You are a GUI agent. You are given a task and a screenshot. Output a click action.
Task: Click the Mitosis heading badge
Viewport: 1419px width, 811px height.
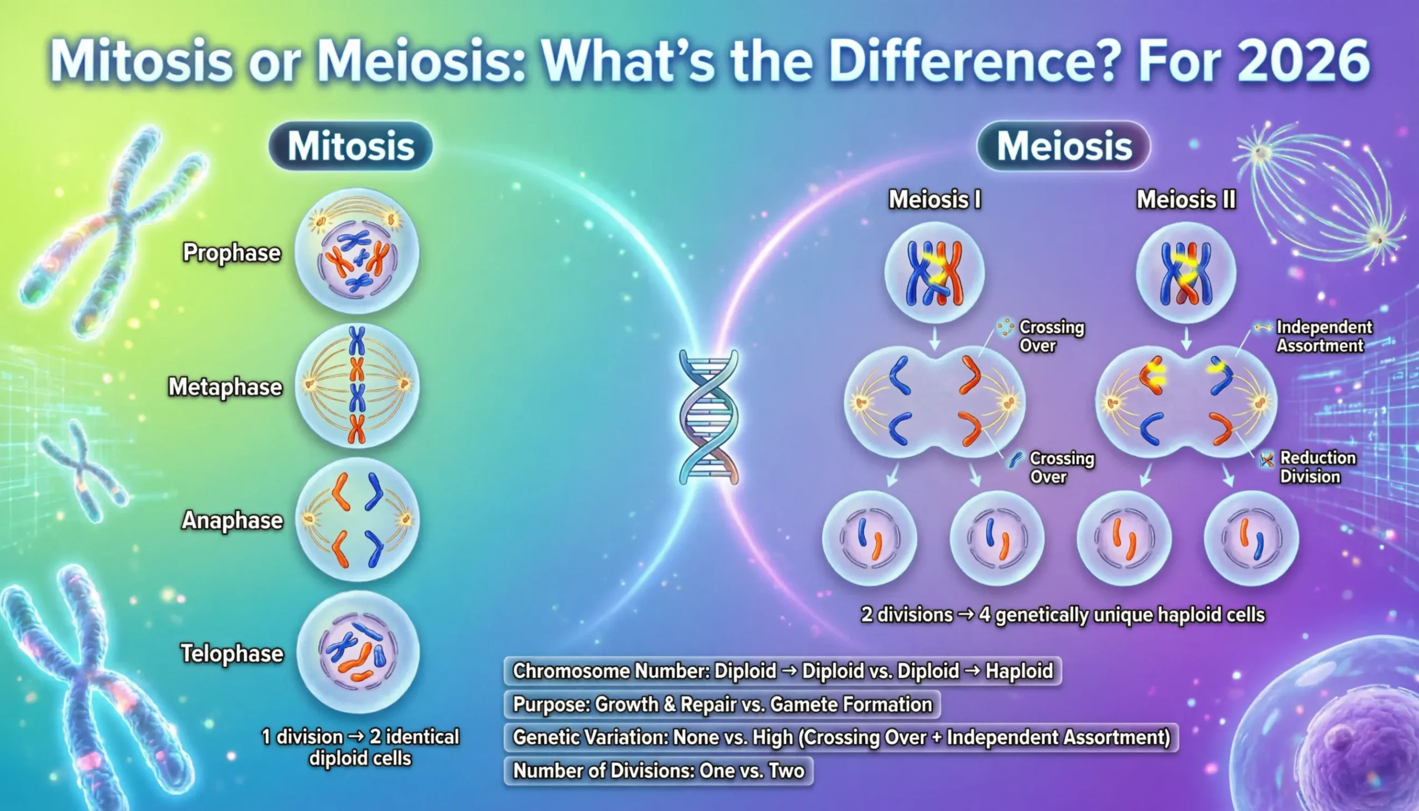click(x=350, y=146)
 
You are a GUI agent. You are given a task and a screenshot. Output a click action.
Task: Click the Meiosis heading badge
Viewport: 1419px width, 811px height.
click(x=1064, y=146)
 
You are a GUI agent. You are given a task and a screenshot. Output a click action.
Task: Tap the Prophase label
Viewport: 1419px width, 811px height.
click(x=232, y=253)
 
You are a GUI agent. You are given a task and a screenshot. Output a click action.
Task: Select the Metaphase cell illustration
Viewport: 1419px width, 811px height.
click(x=357, y=385)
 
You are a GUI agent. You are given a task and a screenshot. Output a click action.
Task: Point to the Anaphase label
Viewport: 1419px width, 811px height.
click(x=232, y=520)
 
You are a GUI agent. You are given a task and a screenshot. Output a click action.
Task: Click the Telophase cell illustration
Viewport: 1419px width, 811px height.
click(x=357, y=652)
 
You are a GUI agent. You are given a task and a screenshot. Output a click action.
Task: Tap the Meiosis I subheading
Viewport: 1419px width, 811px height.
click(x=935, y=200)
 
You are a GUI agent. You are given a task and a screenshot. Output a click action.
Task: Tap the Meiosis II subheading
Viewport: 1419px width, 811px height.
click(x=1186, y=200)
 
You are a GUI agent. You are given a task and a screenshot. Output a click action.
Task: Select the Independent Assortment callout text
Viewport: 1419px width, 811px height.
click(x=1323, y=336)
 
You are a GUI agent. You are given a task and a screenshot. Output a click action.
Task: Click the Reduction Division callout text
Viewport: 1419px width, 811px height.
click(x=1317, y=467)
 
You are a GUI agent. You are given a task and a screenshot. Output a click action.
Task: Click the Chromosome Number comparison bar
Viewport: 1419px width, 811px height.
click(x=783, y=671)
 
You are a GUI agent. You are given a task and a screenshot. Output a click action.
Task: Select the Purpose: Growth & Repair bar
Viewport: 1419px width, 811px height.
click(x=722, y=704)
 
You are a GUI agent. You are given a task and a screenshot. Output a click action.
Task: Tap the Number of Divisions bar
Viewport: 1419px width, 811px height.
click(x=659, y=771)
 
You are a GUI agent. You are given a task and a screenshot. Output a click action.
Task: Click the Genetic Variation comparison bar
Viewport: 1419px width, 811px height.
click(x=841, y=737)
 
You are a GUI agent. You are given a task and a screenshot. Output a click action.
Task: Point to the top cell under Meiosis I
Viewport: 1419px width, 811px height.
click(x=935, y=273)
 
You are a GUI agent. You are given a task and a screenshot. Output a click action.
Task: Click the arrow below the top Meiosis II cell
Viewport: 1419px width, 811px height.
click(x=1186, y=338)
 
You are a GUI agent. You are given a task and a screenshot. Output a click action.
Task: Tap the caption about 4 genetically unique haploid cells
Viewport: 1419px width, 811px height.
click(x=1063, y=615)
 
